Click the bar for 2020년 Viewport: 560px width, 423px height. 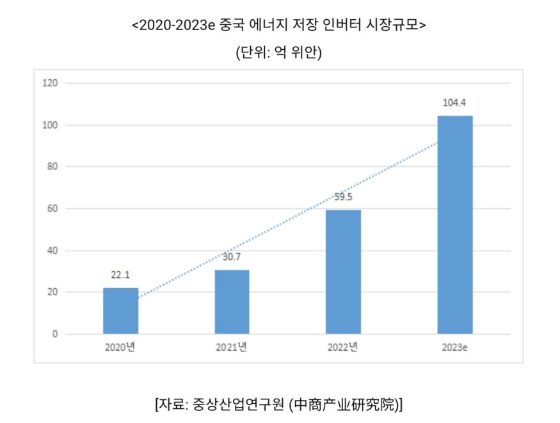120,311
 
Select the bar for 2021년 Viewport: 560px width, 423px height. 232,302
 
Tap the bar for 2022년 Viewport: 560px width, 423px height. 343,272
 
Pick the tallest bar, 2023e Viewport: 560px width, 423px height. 454,224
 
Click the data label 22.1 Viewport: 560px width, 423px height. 120,275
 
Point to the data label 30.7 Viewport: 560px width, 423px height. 232,257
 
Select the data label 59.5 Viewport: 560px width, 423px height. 343,197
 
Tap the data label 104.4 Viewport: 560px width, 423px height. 454,103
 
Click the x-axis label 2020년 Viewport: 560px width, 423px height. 120,348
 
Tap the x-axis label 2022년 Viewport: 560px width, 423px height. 343,348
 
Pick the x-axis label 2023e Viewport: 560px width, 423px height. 454,348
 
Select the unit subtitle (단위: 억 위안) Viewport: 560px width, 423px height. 279,52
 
